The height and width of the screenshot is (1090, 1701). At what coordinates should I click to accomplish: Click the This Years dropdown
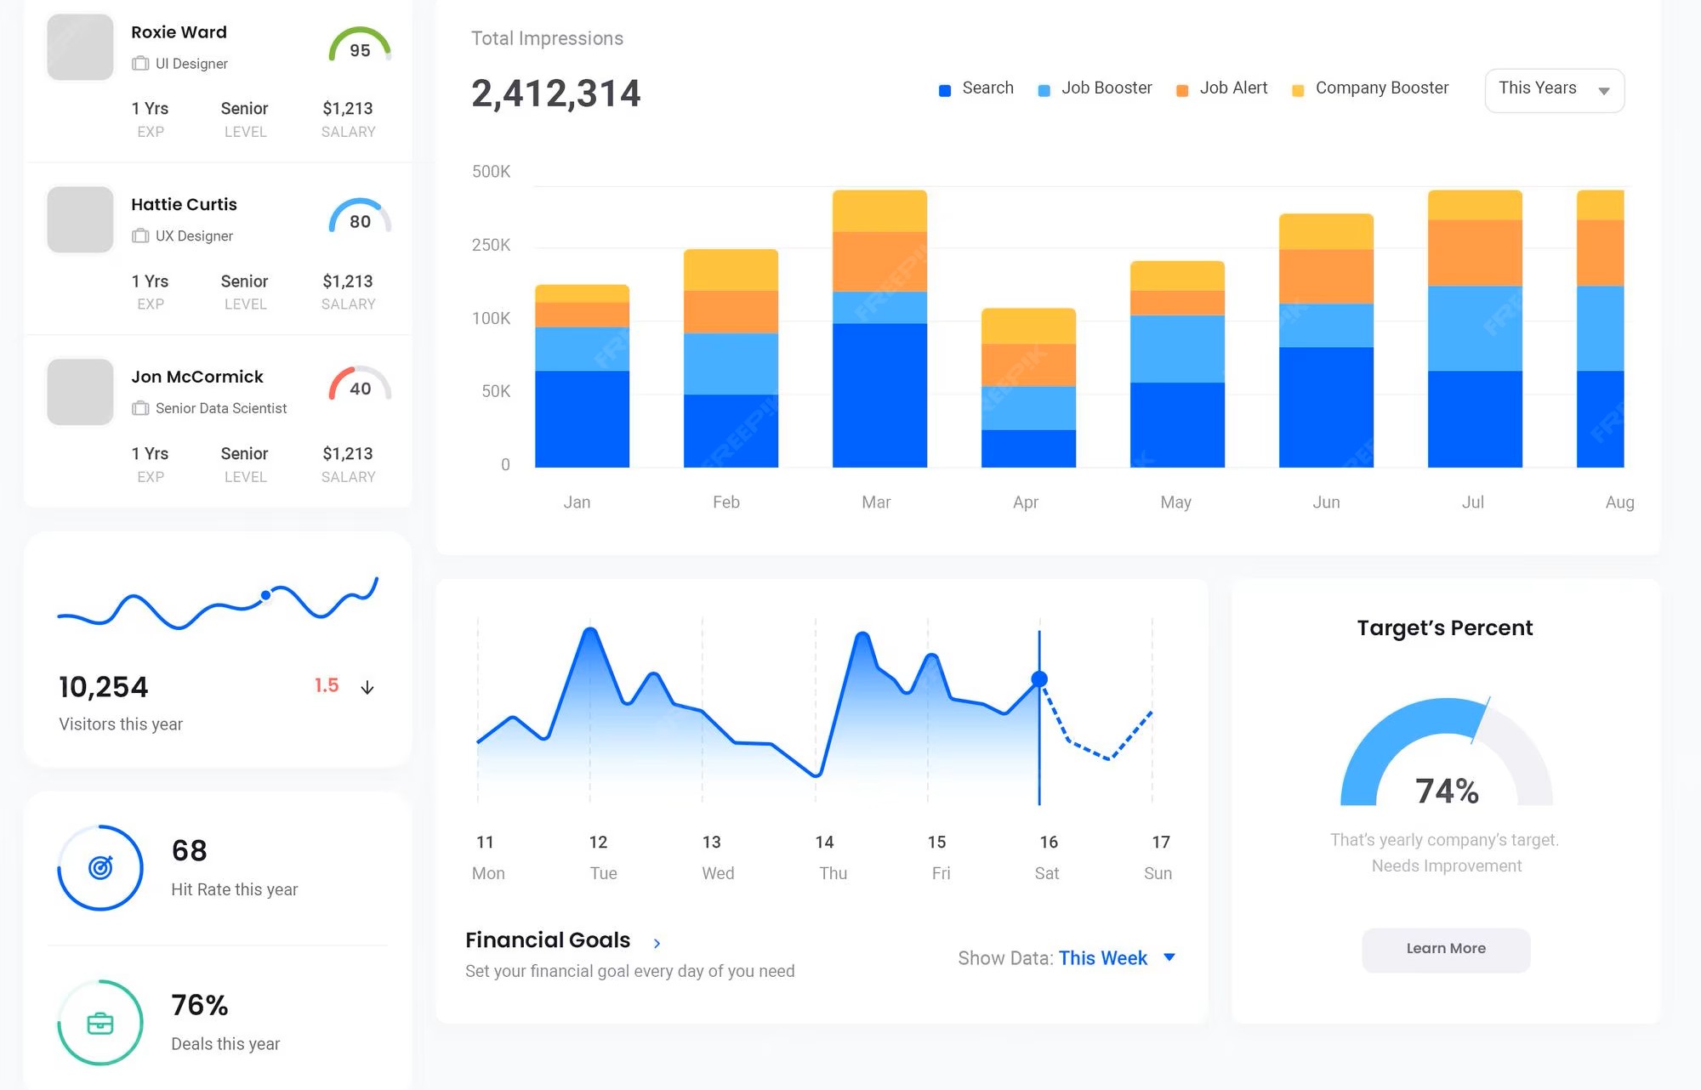1554,89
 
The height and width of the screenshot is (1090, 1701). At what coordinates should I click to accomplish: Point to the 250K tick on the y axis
491,245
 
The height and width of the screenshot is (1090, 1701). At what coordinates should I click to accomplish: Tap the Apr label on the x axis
1026,502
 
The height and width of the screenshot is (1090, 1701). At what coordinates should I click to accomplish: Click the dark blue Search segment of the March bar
879,395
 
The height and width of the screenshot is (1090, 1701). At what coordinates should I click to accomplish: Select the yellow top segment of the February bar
731,270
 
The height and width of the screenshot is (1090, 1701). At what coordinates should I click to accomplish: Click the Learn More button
1446,949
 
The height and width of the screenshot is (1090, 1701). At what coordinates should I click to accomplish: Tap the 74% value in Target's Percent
1447,791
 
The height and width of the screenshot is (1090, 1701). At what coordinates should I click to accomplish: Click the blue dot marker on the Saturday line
1039,679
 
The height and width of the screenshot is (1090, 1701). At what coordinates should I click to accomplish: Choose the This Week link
1102,958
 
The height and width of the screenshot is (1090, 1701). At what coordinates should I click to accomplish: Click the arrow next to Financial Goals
657,943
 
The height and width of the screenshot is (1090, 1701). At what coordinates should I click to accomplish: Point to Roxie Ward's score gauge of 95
360,47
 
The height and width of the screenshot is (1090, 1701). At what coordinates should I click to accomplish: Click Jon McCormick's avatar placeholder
80,392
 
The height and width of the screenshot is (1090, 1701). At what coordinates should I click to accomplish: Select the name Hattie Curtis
184,204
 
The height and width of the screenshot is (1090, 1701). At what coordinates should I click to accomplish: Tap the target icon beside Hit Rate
100,868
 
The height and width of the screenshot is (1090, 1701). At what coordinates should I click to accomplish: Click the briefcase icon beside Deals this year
100,1023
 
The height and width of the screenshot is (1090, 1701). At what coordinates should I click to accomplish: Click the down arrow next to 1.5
367,687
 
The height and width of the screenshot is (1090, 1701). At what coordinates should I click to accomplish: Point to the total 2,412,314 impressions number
555,94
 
